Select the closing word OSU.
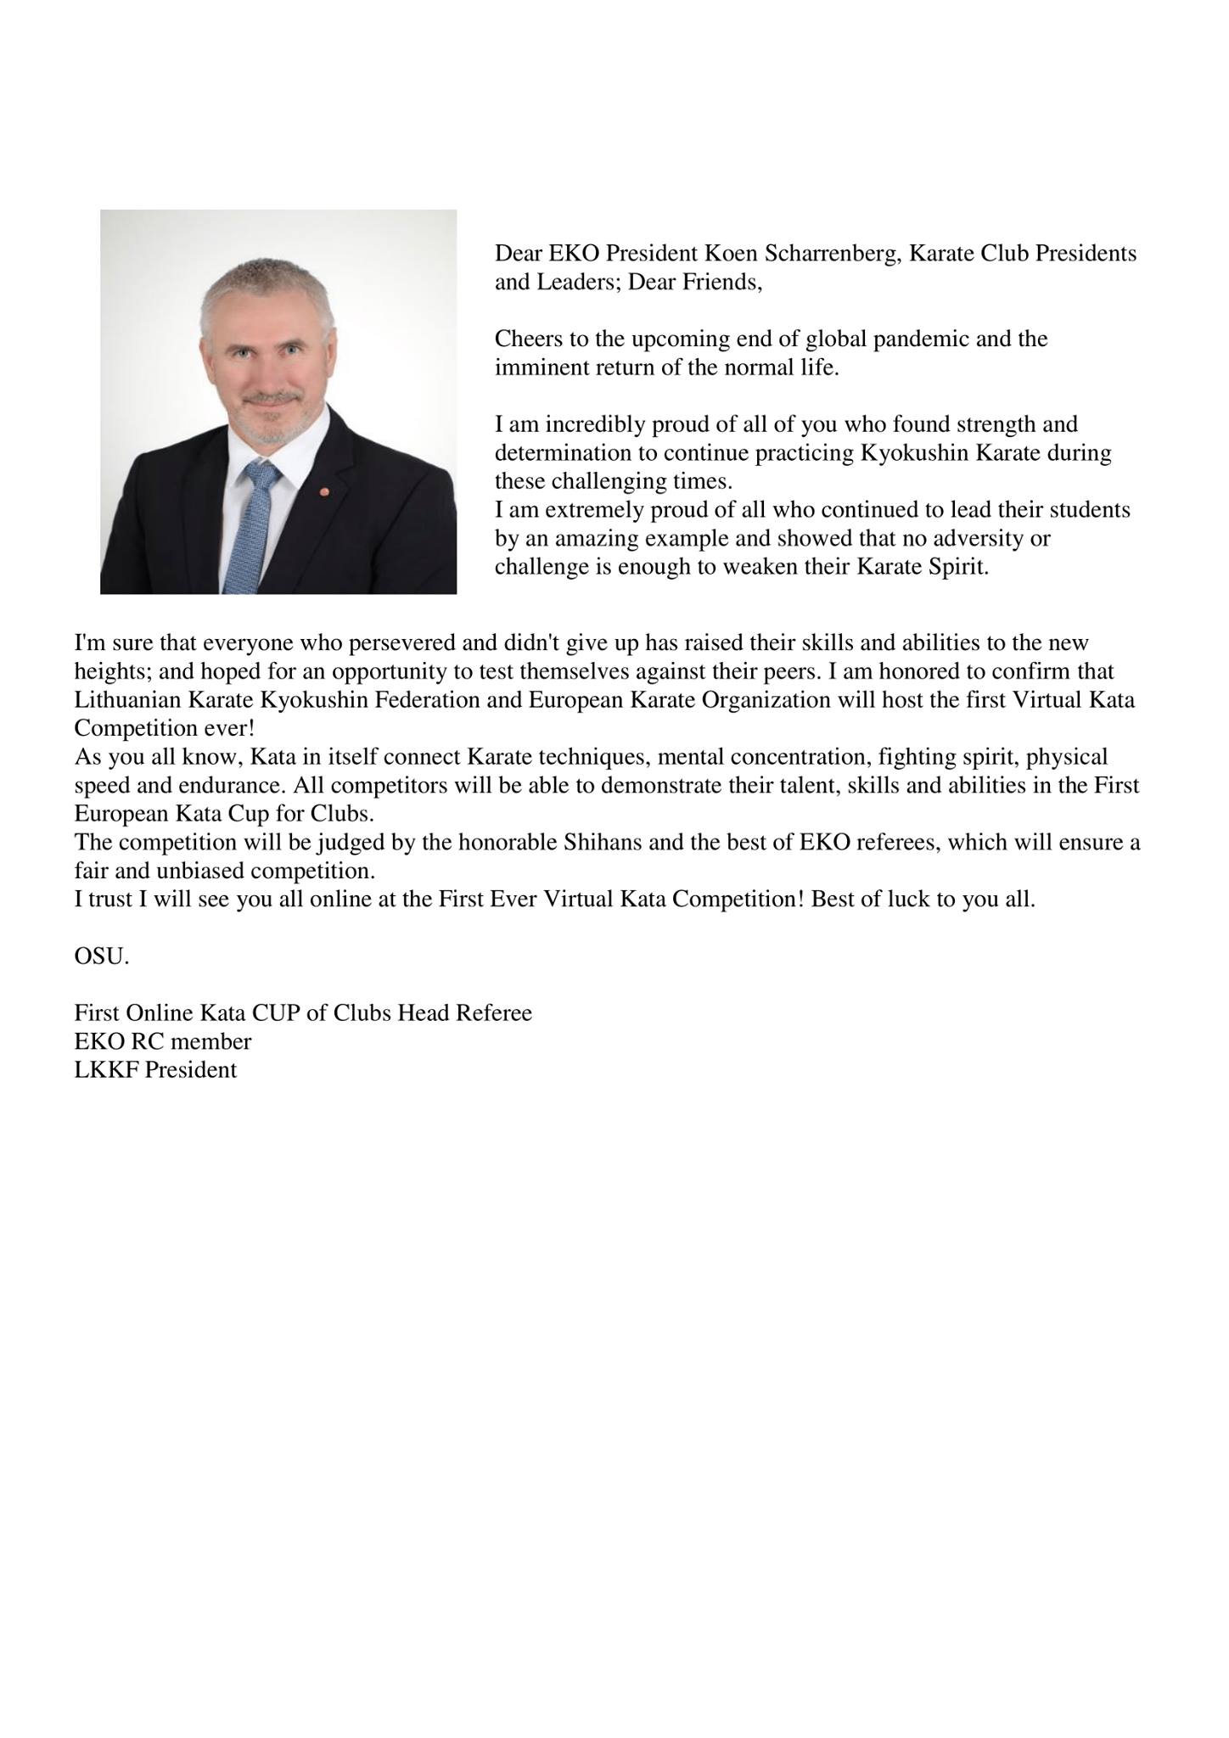tap(102, 956)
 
